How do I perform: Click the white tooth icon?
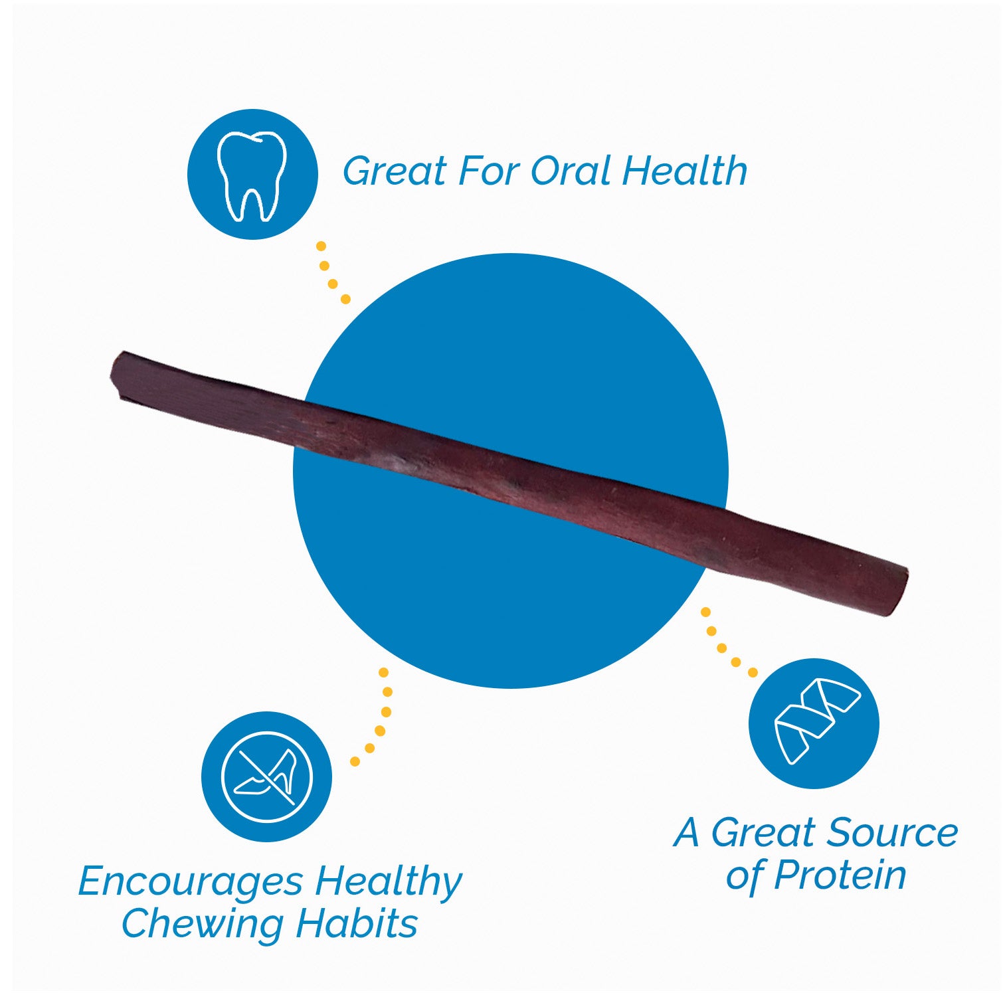click(x=252, y=175)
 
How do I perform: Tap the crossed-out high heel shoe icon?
click(x=266, y=776)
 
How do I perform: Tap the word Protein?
click(x=840, y=875)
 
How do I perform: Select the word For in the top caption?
click(x=490, y=171)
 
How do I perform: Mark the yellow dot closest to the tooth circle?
click(x=321, y=246)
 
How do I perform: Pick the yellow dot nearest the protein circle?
click(x=752, y=672)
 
